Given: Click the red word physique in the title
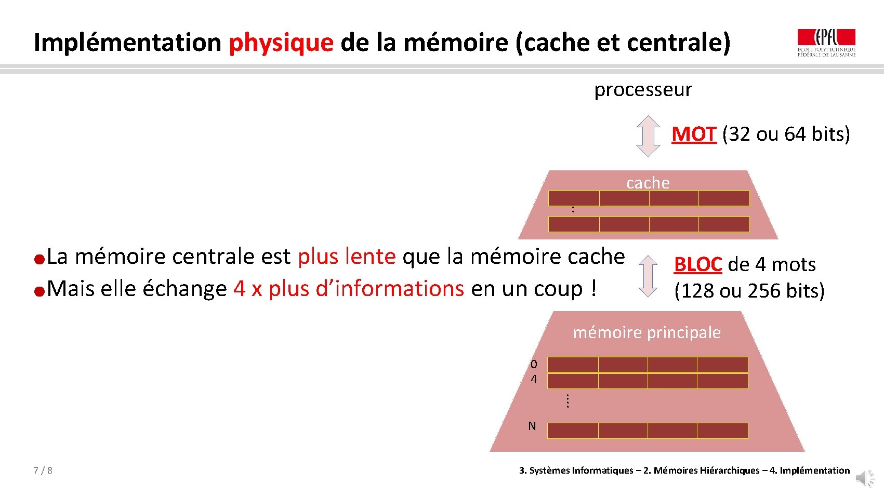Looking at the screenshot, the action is point(281,43).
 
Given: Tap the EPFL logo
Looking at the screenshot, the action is point(826,43).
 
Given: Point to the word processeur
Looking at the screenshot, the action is point(643,90).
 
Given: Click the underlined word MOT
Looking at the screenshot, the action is point(694,134).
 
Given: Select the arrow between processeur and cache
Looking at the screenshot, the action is point(648,136).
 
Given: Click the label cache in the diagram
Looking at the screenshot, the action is point(648,183).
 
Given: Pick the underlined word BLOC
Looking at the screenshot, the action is point(697,264).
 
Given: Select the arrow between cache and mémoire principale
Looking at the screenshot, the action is point(648,276).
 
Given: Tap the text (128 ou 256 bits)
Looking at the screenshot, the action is point(749,291).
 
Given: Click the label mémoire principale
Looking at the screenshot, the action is point(646,332).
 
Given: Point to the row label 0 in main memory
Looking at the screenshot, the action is point(534,365).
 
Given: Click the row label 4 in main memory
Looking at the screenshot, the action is point(534,380).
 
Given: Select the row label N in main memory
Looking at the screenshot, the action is point(532,426).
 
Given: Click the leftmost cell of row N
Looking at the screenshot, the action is point(573,431).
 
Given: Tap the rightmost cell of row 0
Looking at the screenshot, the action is point(722,365).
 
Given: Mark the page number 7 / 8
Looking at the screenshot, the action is point(43,471).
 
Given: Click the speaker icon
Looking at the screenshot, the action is point(865,478).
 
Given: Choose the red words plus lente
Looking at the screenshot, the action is point(347,257).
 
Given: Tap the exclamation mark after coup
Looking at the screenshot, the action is point(593,289).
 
